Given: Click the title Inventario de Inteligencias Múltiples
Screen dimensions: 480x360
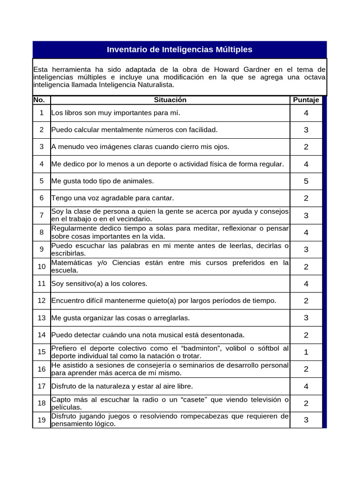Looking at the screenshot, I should [x=180, y=50].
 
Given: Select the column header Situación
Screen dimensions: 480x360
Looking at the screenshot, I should [x=170, y=100].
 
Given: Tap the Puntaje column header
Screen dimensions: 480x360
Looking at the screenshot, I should [x=306, y=100].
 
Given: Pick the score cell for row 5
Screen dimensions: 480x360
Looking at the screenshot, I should [x=306, y=181].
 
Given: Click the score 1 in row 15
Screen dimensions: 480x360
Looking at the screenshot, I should [x=306, y=352].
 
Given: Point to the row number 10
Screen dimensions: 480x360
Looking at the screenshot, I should [x=42, y=267].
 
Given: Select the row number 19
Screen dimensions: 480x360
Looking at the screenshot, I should [x=42, y=420].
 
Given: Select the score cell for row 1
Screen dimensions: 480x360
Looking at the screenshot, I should [x=306, y=113].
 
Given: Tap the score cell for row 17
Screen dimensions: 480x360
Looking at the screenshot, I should [x=306, y=386].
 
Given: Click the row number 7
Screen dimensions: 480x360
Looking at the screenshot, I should [x=42, y=215].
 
